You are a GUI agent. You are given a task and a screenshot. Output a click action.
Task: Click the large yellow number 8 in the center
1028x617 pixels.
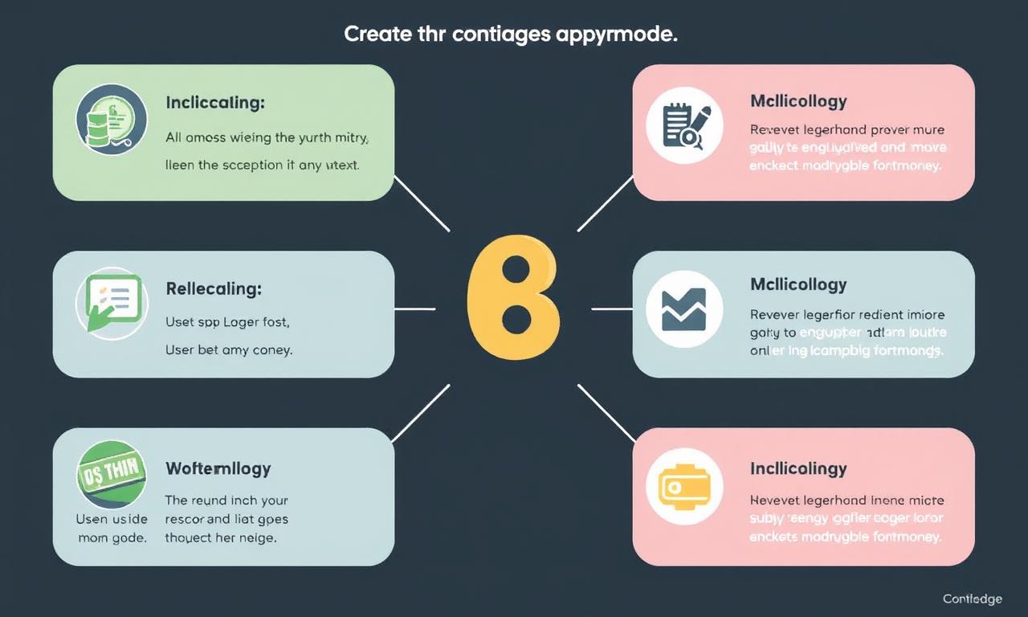pyautogui.click(x=512, y=297)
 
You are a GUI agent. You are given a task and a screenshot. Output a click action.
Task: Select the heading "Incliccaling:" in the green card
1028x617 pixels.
pyautogui.click(x=215, y=103)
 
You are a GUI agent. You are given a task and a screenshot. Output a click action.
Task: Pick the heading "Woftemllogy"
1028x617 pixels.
pyautogui.click(x=218, y=468)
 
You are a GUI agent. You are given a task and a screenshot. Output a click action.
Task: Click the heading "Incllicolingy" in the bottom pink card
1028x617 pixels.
pyautogui.click(x=798, y=468)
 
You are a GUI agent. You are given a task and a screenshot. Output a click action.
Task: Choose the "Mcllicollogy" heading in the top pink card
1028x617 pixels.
pyautogui.click(x=798, y=101)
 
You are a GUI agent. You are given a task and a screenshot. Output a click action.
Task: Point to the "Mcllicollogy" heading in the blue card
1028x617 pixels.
pyautogui.click(x=798, y=284)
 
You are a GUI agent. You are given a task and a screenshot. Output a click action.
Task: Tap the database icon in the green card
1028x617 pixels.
pyautogui.click(x=111, y=121)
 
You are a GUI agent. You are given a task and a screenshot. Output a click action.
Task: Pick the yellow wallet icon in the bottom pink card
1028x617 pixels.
pyautogui.click(x=684, y=486)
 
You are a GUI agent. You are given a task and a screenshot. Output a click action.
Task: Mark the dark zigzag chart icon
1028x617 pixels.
pyautogui.click(x=684, y=309)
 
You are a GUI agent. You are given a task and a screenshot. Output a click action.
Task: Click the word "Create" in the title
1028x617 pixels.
pyautogui.click(x=375, y=35)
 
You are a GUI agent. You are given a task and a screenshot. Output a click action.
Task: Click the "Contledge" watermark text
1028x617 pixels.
pyautogui.click(x=972, y=599)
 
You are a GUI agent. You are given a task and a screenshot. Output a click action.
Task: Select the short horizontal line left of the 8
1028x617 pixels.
pyautogui.click(x=414, y=308)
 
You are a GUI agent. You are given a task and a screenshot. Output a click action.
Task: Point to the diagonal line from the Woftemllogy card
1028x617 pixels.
pyautogui.click(x=420, y=413)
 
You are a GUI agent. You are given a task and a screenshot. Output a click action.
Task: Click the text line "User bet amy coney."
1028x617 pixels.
pyautogui.click(x=229, y=350)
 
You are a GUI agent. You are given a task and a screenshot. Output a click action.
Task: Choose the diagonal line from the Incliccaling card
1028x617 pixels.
pyautogui.click(x=421, y=203)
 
